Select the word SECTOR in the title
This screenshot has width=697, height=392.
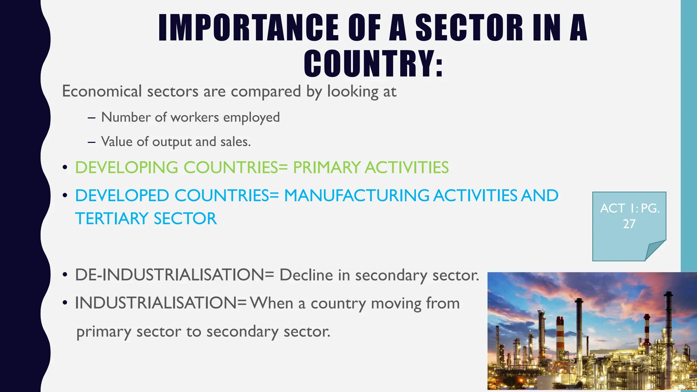pyautogui.click(x=469, y=28)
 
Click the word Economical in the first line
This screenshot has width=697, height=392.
pyautogui.click(x=102, y=91)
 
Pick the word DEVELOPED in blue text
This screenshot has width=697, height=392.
pyautogui.click(x=122, y=196)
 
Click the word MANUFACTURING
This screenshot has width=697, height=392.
pyautogui.click(x=357, y=196)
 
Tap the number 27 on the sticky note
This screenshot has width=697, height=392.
pyautogui.click(x=629, y=224)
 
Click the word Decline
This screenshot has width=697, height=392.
pyautogui.click(x=306, y=275)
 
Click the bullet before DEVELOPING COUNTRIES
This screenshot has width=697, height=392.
pyautogui.click(x=65, y=168)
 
